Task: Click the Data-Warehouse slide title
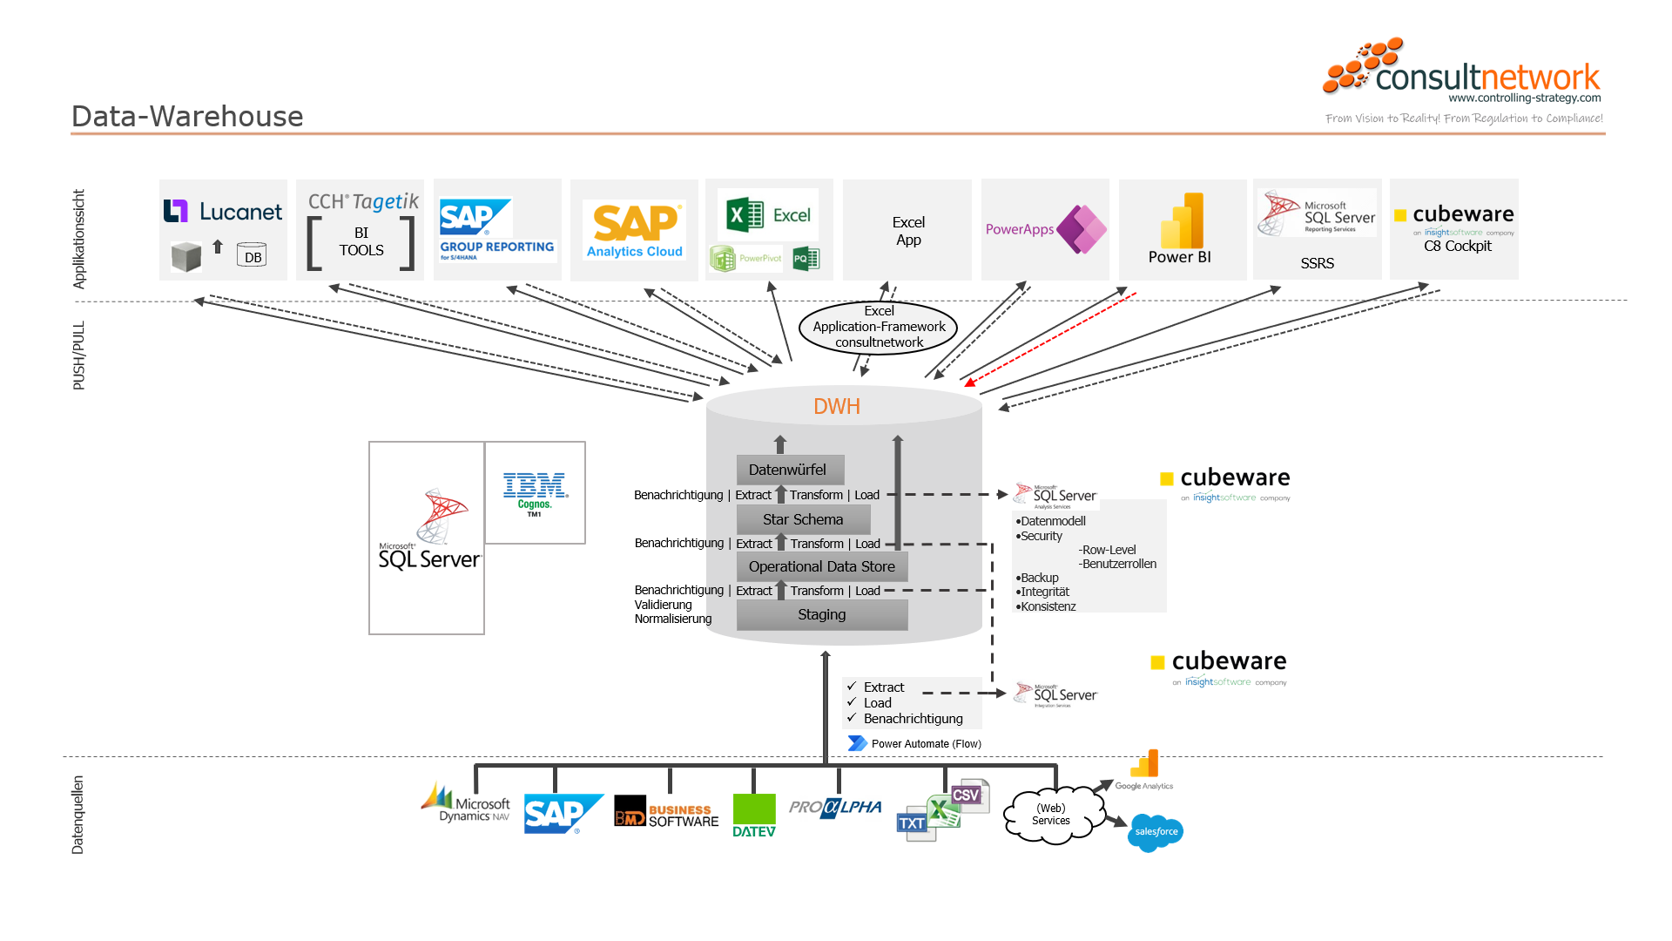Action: [187, 116]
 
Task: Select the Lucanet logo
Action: [223, 212]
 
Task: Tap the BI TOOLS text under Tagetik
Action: [361, 242]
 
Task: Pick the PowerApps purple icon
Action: [1081, 229]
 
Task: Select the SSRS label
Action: [1317, 263]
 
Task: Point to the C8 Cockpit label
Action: [1457, 247]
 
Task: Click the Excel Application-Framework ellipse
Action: [879, 327]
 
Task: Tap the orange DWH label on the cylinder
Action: [836, 407]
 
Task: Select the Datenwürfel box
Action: [789, 470]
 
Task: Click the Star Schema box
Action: [803, 519]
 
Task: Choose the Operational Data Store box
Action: [821, 566]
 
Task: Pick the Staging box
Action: [821, 614]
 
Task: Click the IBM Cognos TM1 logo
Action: [535, 493]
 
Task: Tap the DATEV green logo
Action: [754, 816]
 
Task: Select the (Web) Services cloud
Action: [1051, 815]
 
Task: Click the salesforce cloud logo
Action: [1156, 832]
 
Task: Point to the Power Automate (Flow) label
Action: [925, 744]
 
